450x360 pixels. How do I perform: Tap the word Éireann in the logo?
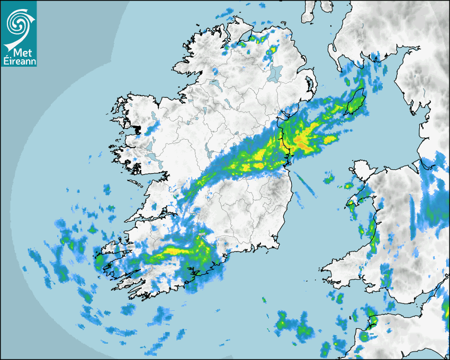tap(19, 61)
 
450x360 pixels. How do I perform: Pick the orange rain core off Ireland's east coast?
tap(303, 140)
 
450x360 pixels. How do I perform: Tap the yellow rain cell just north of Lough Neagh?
tap(272, 51)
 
